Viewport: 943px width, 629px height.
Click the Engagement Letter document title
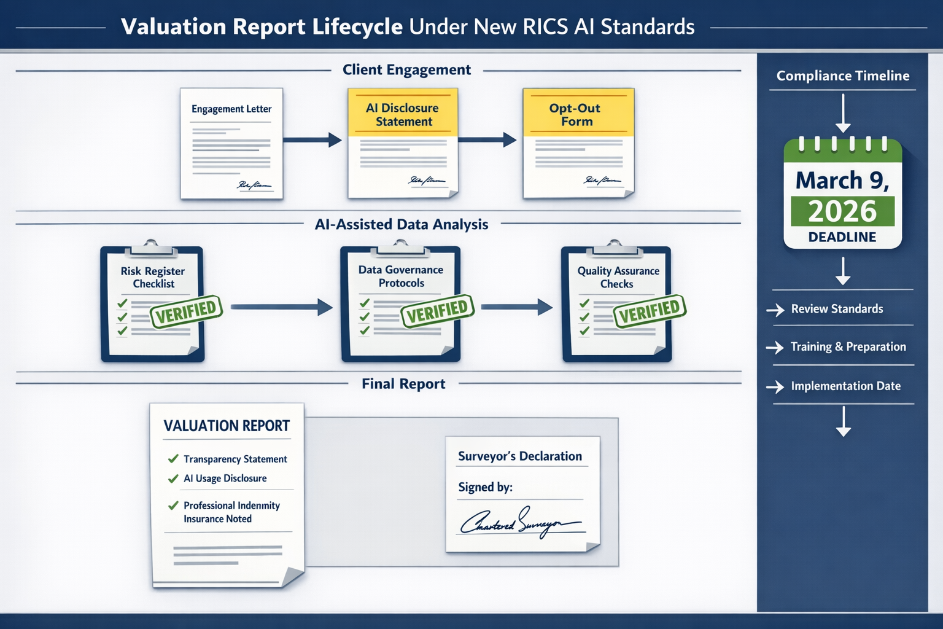coord(231,109)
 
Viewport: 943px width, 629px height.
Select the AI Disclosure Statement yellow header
coord(403,114)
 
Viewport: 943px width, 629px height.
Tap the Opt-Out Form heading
coord(575,114)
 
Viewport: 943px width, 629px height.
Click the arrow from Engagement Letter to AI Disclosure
coord(312,140)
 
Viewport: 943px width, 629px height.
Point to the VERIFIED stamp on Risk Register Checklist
coord(186,311)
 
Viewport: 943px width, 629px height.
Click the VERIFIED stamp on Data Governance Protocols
coord(437,311)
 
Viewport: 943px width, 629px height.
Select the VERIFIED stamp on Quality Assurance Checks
coord(650,311)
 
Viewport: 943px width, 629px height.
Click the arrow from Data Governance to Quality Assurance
coord(516,307)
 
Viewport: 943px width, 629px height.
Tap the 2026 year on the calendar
coord(842,211)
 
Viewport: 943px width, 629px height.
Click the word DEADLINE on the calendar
coord(842,237)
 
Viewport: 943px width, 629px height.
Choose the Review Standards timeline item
coord(837,309)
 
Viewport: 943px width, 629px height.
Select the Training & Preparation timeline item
coord(848,346)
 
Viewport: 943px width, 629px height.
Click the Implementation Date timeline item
coord(845,386)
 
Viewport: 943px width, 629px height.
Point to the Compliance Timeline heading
coord(842,76)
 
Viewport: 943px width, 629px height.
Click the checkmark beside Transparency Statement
coord(173,459)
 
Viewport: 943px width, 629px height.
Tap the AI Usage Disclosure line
coord(225,479)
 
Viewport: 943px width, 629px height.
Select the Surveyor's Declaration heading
coord(520,456)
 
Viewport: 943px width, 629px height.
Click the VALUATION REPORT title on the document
coord(227,426)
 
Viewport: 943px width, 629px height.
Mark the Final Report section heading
coord(403,384)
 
